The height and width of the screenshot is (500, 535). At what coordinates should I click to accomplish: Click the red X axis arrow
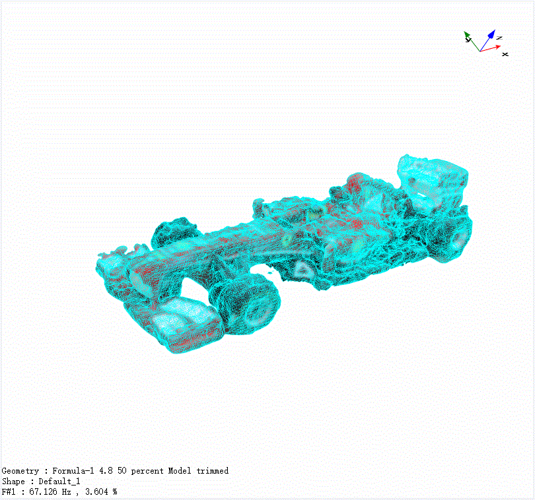(x=490, y=48)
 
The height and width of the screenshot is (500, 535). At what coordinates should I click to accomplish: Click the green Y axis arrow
(x=472, y=42)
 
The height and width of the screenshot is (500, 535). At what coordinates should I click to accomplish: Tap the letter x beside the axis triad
(x=505, y=54)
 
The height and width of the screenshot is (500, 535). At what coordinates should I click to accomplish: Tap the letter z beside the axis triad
(x=499, y=38)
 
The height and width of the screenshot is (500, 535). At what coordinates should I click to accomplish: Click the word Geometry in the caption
(x=20, y=471)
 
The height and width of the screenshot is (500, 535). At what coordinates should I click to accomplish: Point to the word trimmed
(x=213, y=471)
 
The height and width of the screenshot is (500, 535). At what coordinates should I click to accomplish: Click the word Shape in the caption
(x=13, y=482)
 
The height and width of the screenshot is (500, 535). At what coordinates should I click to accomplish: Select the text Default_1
(x=59, y=482)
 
